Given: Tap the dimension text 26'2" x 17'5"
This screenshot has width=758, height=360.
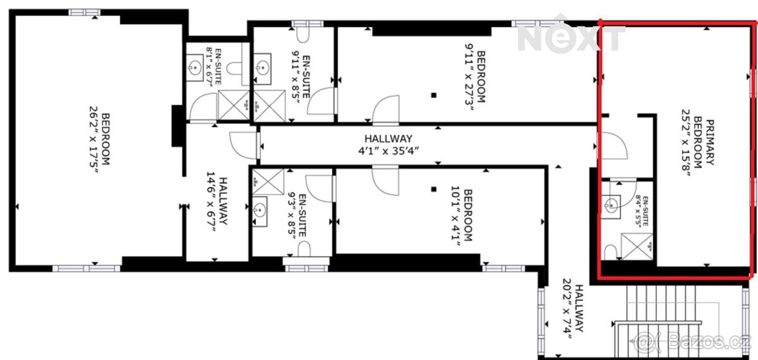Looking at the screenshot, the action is [x=94, y=140].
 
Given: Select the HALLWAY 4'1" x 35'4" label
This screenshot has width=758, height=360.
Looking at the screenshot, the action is [x=388, y=144].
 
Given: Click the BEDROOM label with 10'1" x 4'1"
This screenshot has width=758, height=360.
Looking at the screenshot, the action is [x=462, y=215].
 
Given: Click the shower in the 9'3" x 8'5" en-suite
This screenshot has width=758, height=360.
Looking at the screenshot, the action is [x=268, y=182].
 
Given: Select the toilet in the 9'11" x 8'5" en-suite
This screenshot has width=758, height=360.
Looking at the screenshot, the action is [x=302, y=35].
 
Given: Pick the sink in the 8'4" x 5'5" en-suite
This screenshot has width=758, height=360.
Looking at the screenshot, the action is [x=611, y=206].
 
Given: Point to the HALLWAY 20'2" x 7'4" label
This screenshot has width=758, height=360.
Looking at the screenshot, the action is [x=574, y=309].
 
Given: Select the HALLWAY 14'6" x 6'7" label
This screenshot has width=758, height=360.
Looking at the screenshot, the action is [x=217, y=201].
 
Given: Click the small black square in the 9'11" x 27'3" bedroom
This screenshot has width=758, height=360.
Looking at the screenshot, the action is [x=434, y=95].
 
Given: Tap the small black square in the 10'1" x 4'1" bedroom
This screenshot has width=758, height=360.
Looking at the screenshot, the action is [x=434, y=189].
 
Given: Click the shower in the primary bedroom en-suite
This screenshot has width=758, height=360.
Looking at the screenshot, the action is [x=637, y=247].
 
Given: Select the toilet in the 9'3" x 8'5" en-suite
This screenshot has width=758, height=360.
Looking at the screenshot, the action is [x=304, y=249].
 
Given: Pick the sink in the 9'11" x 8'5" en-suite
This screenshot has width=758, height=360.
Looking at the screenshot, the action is [x=263, y=68].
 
